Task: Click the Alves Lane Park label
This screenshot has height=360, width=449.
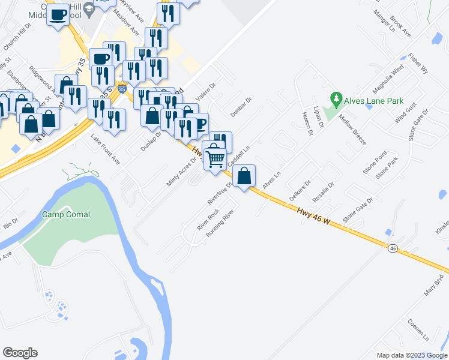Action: pyautogui.click(x=373, y=101)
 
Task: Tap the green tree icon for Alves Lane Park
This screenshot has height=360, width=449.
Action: pyautogui.click(x=337, y=97)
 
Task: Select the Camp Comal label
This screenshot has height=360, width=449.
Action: pyautogui.click(x=66, y=214)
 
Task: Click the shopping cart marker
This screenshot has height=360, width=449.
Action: pyautogui.click(x=215, y=159)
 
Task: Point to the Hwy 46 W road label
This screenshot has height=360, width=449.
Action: pyautogui.click(x=314, y=216)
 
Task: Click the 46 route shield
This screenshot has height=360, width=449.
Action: pyautogui.click(x=393, y=247)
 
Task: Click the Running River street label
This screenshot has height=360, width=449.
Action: pyautogui.click(x=219, y=223)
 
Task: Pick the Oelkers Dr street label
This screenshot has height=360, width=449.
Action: pyautogui.click(x=300, y=190)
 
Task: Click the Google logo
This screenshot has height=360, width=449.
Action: pyautogui.click(x=20, y=353)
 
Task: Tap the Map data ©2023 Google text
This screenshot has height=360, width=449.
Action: pyautogui.click(x=411, y=355)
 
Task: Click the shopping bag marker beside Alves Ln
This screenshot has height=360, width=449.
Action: pyautogui.click(x=244, y=176)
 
